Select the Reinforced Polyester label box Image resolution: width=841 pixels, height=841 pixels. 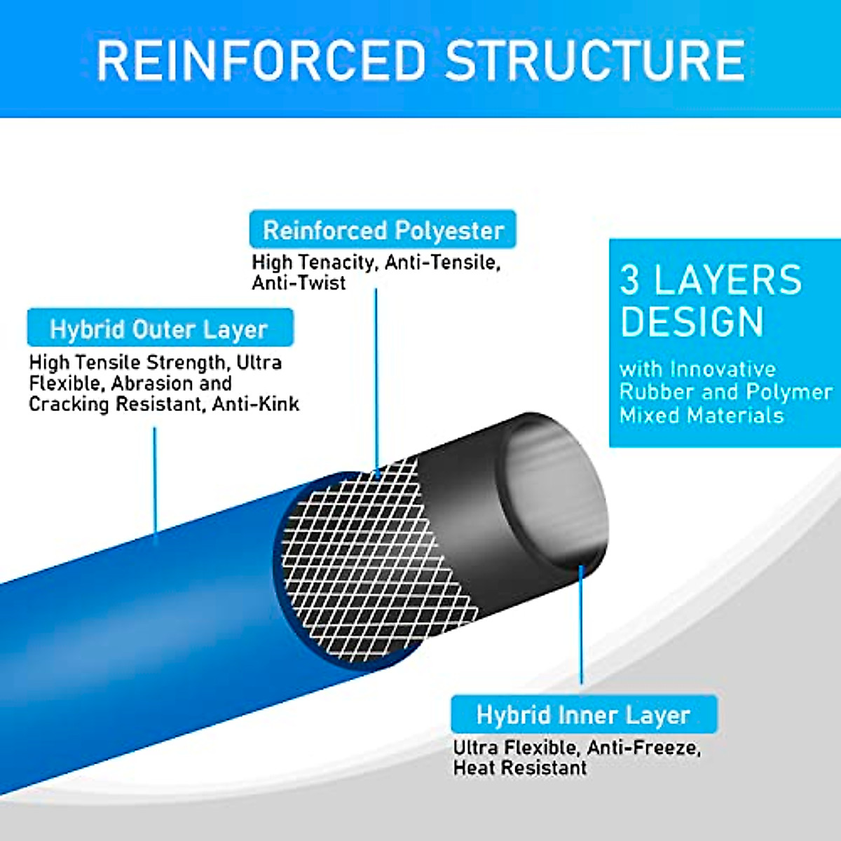383,230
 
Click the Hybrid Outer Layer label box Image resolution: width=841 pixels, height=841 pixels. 160,328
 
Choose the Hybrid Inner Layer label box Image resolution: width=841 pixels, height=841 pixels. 584,715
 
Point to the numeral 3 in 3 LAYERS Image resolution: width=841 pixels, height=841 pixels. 630,280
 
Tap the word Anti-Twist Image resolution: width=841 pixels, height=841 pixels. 299,283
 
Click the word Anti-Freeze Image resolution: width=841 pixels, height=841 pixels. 643,748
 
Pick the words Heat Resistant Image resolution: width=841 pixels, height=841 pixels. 519,768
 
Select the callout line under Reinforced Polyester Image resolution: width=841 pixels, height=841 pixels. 376,378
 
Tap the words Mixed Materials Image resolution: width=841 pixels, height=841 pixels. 701,416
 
